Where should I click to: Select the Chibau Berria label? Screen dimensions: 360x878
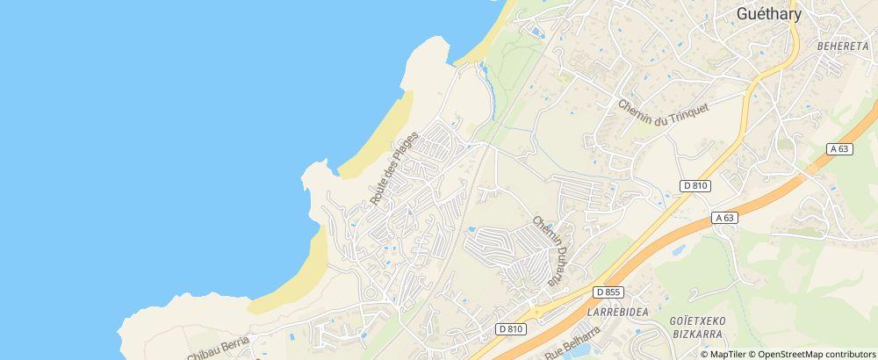[218, 349]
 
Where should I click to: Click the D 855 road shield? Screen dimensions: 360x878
[607, 292]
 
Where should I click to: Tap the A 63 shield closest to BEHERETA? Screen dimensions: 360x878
[839, 149]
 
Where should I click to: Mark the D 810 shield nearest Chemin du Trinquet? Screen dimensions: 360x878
[694, 184]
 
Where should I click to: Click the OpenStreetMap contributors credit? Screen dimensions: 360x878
[817, 354]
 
